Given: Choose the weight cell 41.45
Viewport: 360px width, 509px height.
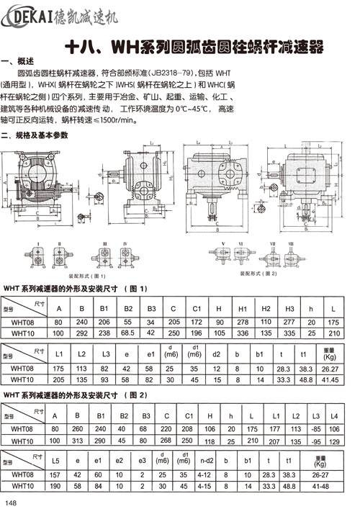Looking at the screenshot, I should tap(329, 379).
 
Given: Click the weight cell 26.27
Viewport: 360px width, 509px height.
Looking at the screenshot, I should tap(329, 369).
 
